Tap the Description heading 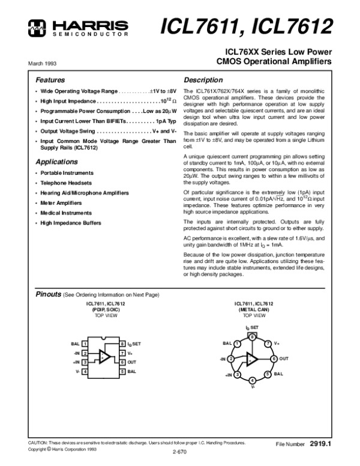point(203,79)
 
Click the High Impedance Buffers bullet point(71,223)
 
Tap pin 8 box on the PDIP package point(122,343)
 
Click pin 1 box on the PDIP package point(85,343)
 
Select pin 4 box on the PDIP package point(85,372)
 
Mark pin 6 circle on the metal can point(274,359)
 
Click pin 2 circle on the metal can point(230,359)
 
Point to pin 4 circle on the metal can point(252,381)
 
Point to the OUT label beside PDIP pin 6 point(132,363)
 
